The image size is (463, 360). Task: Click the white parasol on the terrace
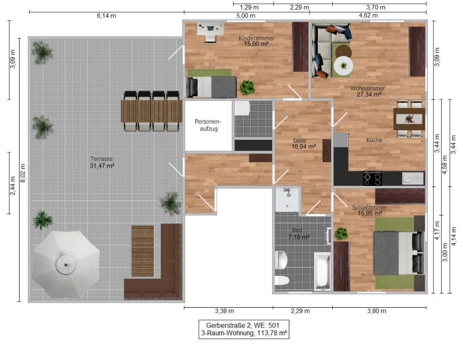tap(66, 263)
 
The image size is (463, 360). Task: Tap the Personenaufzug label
tap(208, 125)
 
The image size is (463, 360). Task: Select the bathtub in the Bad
tap(322, 271)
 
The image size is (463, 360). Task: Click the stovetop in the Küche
tap(372, 178)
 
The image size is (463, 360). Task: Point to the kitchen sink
tap(412, 178)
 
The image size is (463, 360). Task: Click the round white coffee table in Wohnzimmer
tap(343, 66)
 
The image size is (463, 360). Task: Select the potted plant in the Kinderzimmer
tap(247, 87)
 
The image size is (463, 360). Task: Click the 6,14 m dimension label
tap(107, 16)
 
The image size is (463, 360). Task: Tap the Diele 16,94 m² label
tap(303, 144)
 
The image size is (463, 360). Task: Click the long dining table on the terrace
tap(151, 111)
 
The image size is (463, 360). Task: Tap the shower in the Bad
tap(287, 200)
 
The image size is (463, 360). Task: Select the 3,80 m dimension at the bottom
tap(376, 311)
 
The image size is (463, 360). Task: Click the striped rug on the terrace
tap(143, 251)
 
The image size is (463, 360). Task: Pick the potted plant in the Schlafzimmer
tap(341, 234)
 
